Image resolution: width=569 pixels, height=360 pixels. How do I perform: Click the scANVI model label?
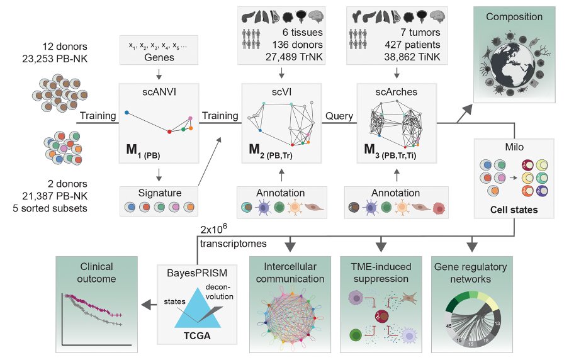tap(159, 91)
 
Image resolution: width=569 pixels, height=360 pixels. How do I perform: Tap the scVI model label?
tap(281, 91)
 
